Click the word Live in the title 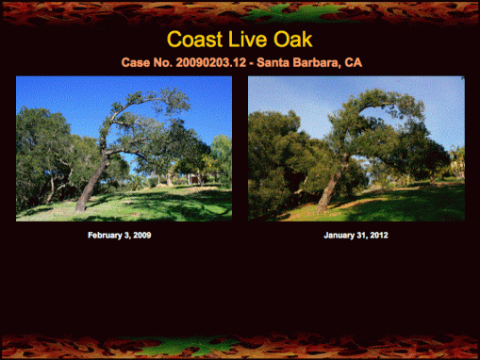pos(252,40)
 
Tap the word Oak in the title pos(294,40)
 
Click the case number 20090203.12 pos(209,62)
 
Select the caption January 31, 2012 pos(356,235)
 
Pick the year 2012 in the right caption pos(377,235)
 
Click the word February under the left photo pos(107,235)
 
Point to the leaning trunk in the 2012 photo pos(327,193)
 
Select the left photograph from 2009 pos(124,148)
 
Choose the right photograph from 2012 pos(356,148)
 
